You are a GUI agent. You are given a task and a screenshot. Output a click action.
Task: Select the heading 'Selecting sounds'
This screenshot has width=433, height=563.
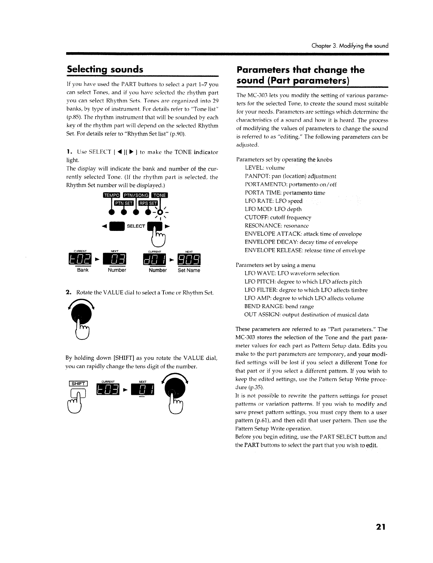point(105,69)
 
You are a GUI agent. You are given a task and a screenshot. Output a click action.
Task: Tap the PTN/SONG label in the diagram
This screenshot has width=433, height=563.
point(136,196)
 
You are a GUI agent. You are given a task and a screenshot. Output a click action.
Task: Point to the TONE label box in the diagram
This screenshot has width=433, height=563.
point(160,196)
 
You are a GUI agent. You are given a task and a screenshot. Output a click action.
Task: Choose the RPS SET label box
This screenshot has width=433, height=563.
point(148,203)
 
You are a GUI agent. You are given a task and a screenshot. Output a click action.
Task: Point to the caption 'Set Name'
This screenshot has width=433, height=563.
point(189,270)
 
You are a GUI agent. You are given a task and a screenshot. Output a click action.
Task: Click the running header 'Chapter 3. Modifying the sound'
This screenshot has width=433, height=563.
point(350,46)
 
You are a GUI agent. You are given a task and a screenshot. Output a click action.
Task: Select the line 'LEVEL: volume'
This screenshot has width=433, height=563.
point(265,168)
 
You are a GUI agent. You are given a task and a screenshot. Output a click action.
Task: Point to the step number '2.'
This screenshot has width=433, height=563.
point(69,292)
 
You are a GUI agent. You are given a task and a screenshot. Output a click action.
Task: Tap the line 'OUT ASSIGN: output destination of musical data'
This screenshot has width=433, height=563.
point(306,314)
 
